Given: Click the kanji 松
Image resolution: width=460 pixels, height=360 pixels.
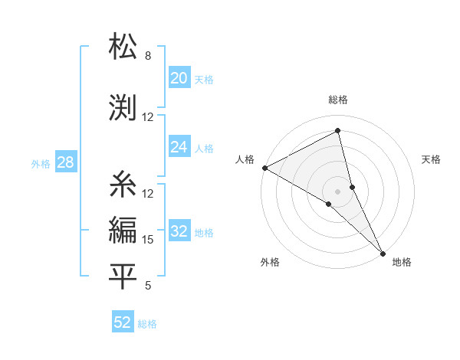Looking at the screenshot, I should click(x=123, y=47).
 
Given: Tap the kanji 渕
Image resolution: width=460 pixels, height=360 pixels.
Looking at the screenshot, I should click(x=123, y=107).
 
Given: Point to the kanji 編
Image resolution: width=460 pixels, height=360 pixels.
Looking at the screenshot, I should click(x=123, y=229).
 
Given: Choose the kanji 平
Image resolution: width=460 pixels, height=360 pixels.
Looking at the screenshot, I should click(x=123, y=276).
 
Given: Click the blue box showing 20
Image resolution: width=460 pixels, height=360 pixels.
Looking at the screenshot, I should click(x=179, y=78).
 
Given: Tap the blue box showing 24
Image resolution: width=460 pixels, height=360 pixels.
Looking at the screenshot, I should click(x=179, y=147).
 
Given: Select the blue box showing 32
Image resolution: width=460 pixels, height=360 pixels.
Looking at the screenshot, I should click(x=179, y=231).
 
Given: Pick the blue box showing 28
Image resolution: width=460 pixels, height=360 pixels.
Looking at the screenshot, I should click(x=65, y=162).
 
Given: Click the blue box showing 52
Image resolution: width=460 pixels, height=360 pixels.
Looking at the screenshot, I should click(x=123, y=322).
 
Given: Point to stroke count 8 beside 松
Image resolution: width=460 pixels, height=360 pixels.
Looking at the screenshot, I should click(x=147, y=56).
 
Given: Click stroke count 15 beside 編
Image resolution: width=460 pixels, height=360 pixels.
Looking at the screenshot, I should click(x=148, y=240).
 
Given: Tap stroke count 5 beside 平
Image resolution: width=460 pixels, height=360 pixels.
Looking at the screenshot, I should click(x=147, y=286).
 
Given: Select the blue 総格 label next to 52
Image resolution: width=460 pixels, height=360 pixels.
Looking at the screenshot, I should click(x=147, y=324).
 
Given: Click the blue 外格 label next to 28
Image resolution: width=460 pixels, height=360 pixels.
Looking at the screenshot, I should click(x=41, y=163).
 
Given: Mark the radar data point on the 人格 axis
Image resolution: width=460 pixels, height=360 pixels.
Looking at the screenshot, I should click(x=264, y=168).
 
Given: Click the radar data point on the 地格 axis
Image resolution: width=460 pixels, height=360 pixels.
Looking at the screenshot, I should click(x=383, y=252).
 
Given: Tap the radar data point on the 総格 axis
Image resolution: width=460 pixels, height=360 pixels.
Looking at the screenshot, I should click(x=338, y=132).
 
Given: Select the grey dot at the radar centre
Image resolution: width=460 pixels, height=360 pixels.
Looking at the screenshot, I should click(x=338, y=191).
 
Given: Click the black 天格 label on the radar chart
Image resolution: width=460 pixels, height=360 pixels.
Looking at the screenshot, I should click(x=431, y=159).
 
